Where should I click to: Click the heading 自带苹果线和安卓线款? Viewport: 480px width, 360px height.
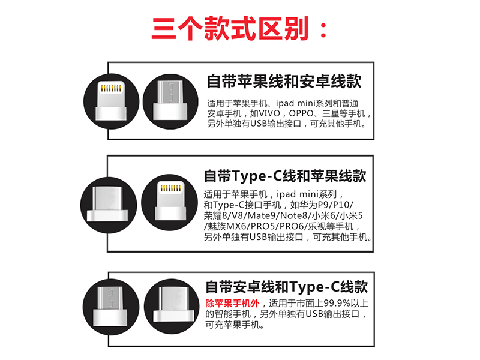(284, 82)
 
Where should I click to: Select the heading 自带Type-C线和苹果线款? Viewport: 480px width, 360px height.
(284, 176)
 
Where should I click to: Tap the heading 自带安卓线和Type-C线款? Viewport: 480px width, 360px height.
(287, 287)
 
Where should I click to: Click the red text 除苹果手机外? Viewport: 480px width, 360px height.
(232, 304)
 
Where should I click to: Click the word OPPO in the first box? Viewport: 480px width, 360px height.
(301, 113)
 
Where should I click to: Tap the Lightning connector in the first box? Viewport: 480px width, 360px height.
(111, 100)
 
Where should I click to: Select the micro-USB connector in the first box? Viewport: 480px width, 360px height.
(170, 100)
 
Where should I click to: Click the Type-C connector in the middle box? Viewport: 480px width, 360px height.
(107, 203)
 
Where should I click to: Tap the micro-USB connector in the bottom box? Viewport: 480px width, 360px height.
(110, 306)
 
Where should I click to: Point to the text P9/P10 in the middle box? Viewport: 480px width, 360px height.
(335, 205)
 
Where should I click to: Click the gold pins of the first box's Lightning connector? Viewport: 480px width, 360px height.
(111, 88)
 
